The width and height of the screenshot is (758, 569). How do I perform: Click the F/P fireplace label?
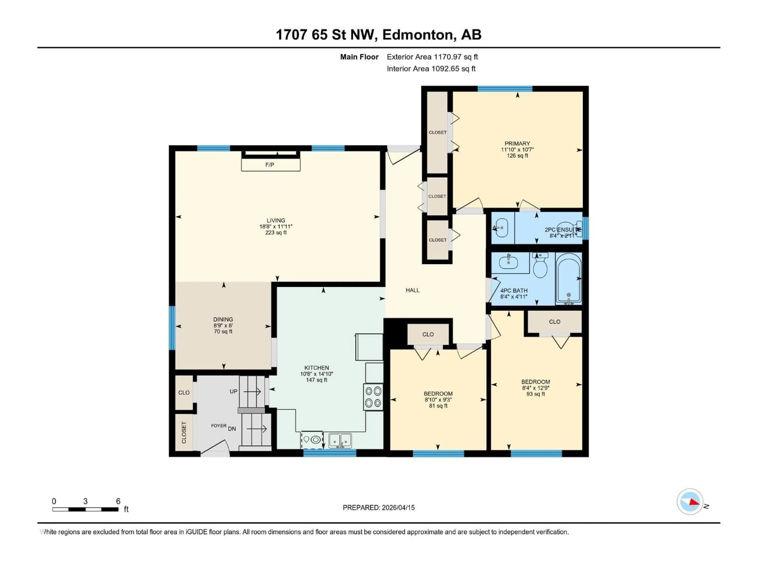(270, 165)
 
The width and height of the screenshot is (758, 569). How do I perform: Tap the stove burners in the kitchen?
(373, 397)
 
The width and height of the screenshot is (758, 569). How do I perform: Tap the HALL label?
(413, 290)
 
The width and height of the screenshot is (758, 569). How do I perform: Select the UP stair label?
(233, 391)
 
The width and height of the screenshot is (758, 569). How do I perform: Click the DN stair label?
(232, 429)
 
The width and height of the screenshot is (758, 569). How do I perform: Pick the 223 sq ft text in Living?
(276, 233)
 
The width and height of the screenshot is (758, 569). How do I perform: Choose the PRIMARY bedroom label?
(517, 143)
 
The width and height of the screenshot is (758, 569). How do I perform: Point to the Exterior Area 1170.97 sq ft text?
(432, 57)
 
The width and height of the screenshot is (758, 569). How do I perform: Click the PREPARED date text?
(379, 508)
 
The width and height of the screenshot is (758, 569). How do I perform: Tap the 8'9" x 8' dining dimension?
(223, 325)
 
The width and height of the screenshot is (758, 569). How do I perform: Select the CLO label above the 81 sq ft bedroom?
(428, 334)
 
